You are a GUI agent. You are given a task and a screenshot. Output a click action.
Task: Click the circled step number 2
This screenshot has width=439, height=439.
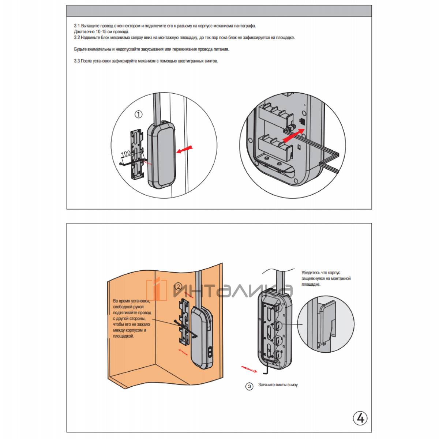[x=177, y=286]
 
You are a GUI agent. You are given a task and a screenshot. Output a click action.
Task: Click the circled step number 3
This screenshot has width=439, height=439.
[x=249, y=386]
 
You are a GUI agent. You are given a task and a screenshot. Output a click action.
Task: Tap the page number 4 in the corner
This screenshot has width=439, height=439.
[x=360, y=417]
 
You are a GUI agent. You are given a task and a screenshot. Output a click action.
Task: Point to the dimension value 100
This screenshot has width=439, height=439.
[x=126, y=153]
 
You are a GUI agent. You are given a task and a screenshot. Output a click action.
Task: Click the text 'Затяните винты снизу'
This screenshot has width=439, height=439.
[x=278, y=385]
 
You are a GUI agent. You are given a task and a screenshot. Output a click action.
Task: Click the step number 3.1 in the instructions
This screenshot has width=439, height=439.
[x=77, y=26]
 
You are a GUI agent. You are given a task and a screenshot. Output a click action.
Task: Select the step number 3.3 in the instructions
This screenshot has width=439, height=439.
[x=77, y=61]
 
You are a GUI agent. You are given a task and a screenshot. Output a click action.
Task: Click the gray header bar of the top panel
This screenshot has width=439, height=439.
[x=219, y=11]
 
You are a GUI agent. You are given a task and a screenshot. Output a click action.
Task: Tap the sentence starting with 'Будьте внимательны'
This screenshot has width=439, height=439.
[x=151, y=49]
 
